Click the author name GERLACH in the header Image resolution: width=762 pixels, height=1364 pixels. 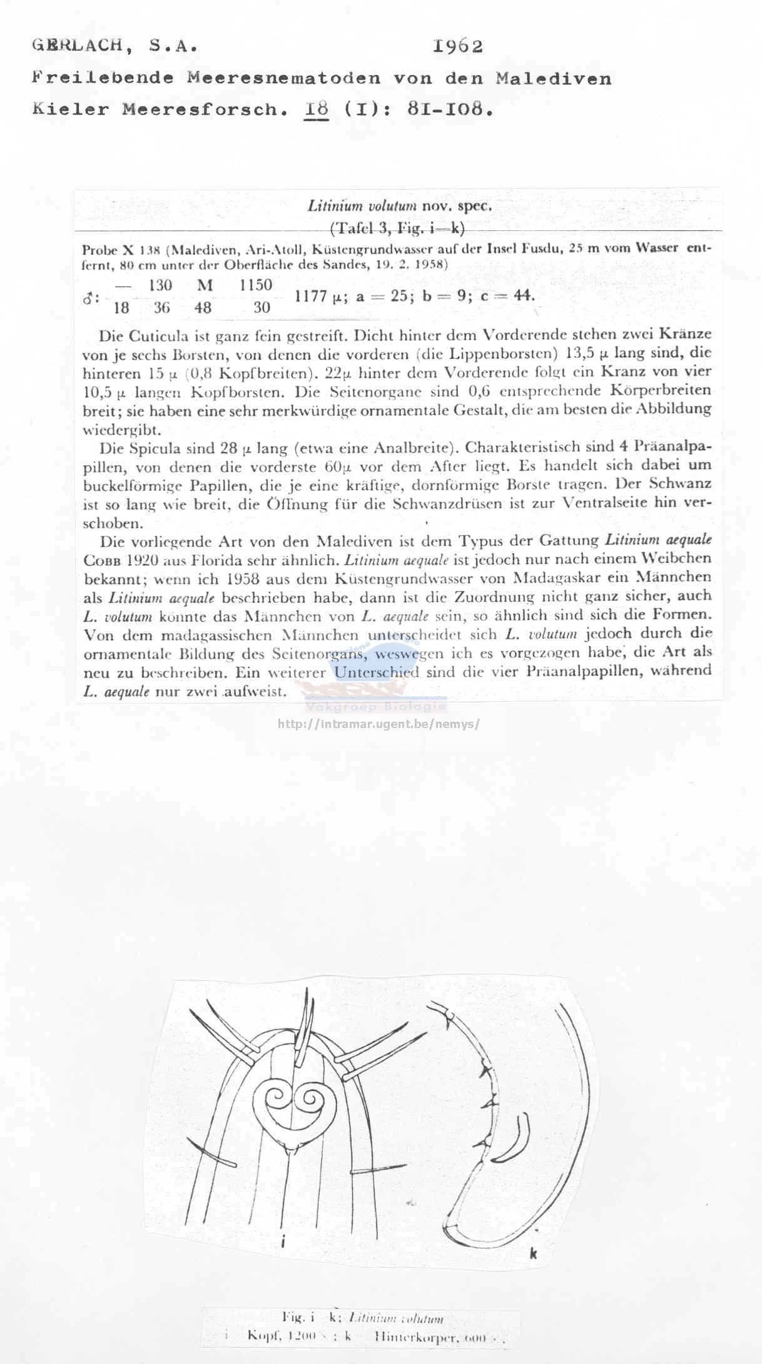(78, 46)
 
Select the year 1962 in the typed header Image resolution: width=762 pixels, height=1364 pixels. (457, 46)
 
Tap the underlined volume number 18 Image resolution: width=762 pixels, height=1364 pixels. (317, 109)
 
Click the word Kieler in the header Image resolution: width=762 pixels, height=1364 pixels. (70, 109)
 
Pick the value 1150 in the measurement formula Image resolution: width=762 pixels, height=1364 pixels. (255, 285)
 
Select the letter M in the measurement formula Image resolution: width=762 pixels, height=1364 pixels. (205, 285)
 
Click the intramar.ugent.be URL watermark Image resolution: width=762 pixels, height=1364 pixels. (378, 724)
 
